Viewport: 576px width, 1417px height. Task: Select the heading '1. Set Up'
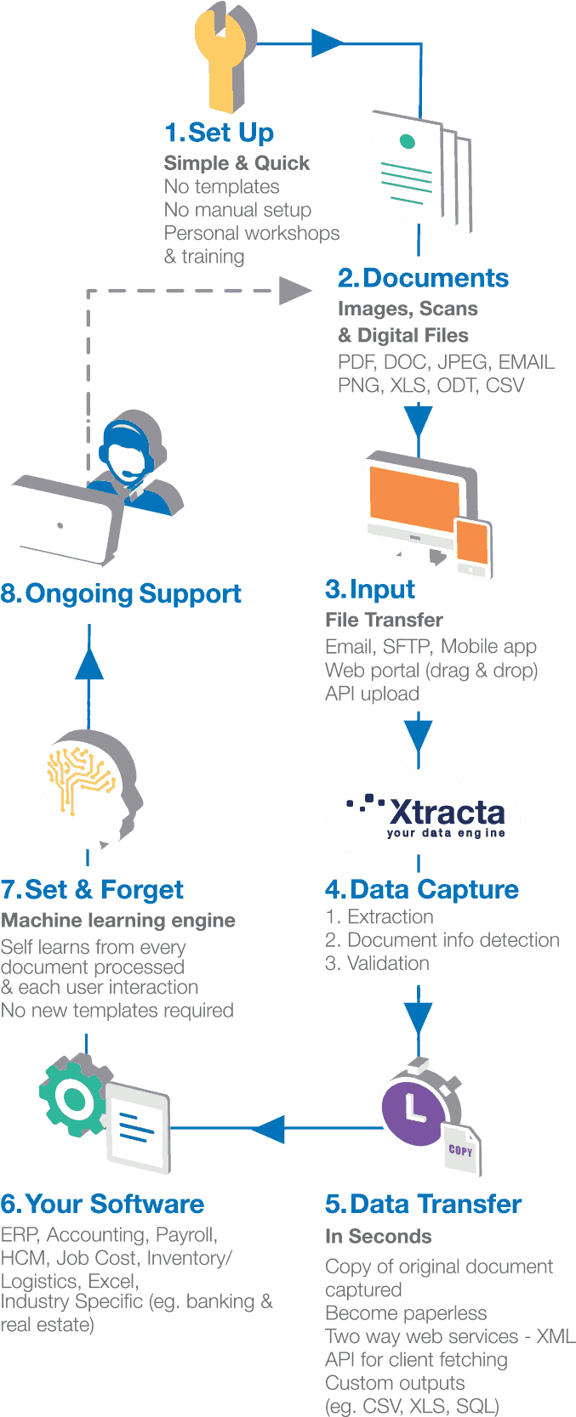(x=219, y=133)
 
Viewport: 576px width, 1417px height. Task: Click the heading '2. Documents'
(x=423, y=278)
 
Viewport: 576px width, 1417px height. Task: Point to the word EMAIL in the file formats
(x=526, y=362)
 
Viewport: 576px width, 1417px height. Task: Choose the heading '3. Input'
(x=369, y=589)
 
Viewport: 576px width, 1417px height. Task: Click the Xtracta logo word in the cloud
(x=447, y=812)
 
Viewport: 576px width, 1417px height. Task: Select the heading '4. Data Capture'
(x=421, y=889)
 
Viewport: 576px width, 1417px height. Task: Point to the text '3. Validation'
(x=377, y=963)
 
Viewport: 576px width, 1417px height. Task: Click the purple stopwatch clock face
(x=413, y=1108)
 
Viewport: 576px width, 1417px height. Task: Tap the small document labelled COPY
(x=460, y=1149)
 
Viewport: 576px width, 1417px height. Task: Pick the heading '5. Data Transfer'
(x=423, y=1204)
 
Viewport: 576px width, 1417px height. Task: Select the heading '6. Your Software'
(x=102, y=1204)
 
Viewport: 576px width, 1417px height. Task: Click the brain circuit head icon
(x=89, y=786)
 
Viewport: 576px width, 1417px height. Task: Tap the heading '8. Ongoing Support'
(x=121, y=593)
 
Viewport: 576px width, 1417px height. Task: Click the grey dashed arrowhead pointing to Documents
(x=296, y=290)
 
